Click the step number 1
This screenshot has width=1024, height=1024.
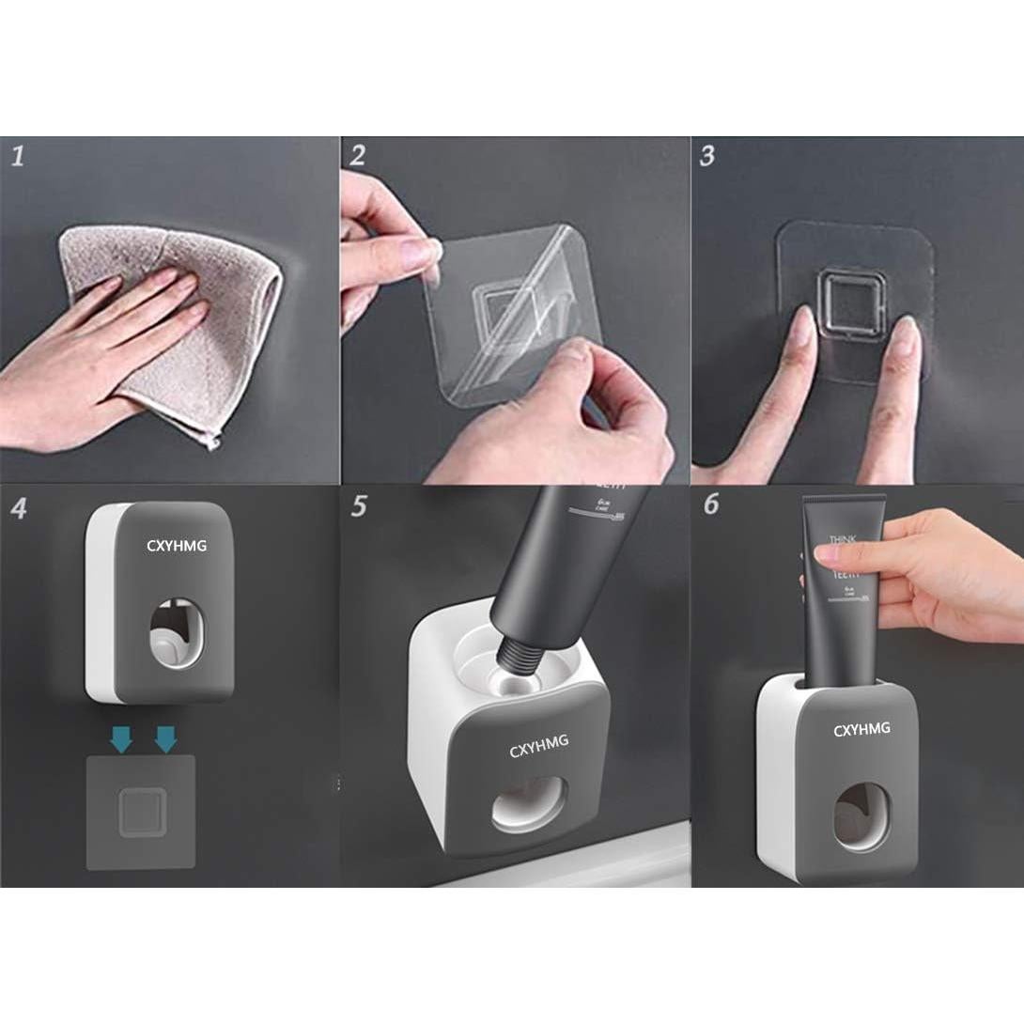click(x=17, y=155)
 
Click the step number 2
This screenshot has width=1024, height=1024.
click(x=357, y=155)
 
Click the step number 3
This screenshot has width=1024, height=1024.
click(x=707, y=155)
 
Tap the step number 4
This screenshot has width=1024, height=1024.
click(x=19, y=509)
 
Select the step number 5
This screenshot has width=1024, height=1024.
click(x=359, y=506)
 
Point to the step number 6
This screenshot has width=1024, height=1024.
click(x=710, y=504)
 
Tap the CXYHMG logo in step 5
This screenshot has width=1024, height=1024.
click(x=538, y=750)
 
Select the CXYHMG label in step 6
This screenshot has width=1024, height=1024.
click(x=861, y=730)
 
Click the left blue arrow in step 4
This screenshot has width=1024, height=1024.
click(x=121, y=741)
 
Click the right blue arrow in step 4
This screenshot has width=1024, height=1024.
click(x=165, y=741)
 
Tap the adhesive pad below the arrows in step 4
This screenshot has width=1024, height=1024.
click(x=141, y=812)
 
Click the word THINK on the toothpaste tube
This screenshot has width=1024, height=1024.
click(x=843, y=541)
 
